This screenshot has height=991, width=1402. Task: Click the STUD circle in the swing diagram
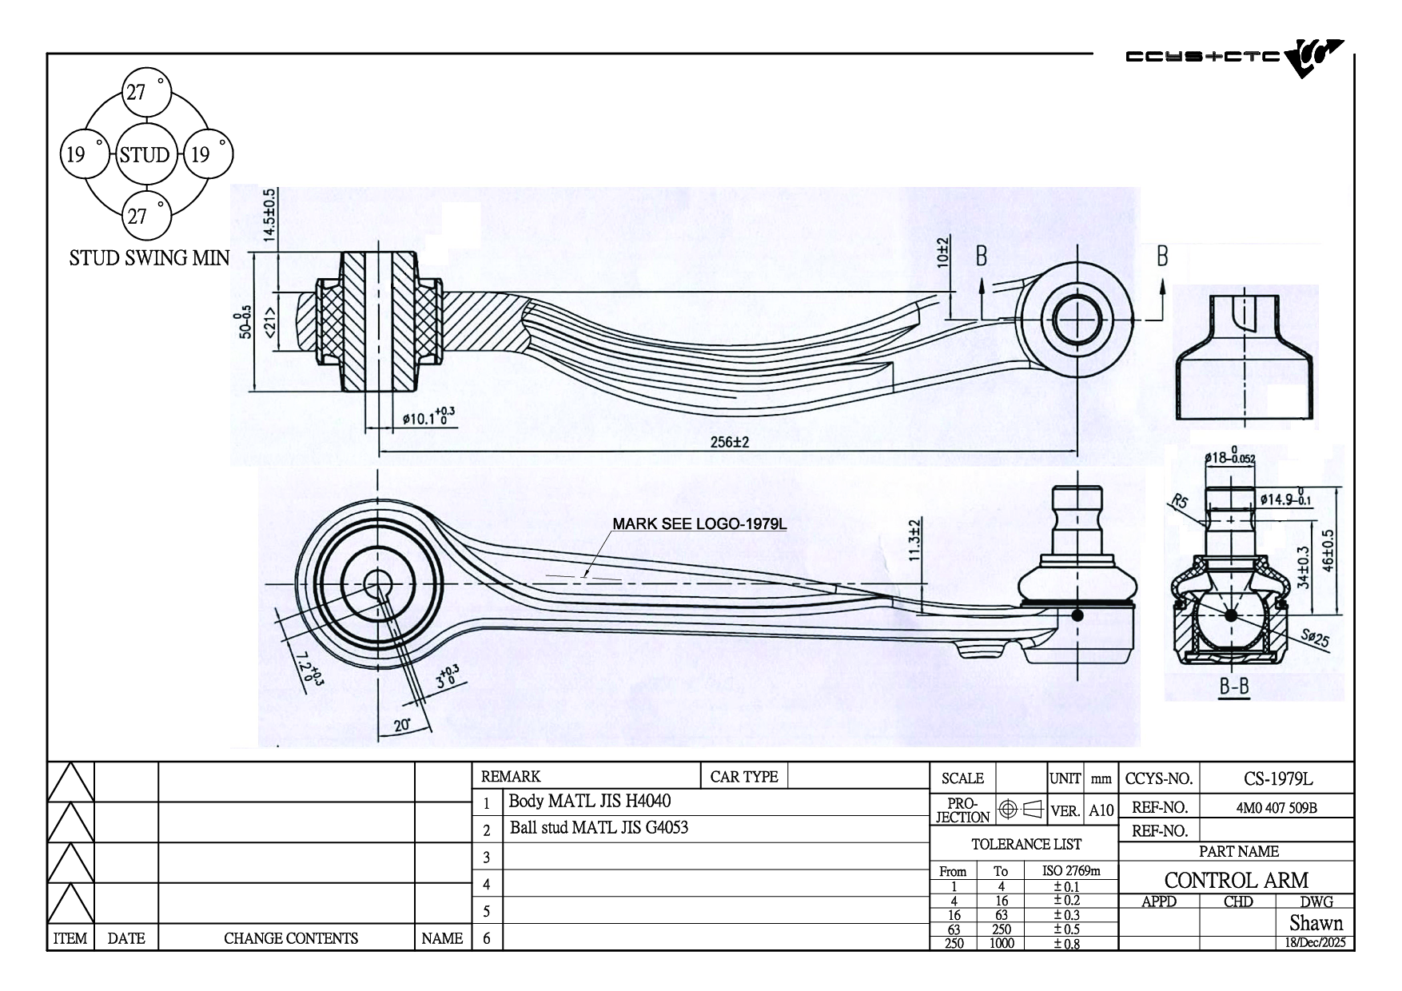click(x=145, y=155)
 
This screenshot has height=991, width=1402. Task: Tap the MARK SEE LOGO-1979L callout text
click(x=699, y=524)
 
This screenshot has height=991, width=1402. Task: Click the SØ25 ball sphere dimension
click(x=1313, y=639)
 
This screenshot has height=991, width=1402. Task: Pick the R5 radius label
click(x=1180, y=502)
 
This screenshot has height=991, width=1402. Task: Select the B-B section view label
click(x=1234, y=687)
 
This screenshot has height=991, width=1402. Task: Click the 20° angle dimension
click(x=402, y=726)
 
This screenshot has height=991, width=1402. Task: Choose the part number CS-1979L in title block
click(x=1277, y=778)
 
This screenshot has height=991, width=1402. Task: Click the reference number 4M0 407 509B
click(x=1277, y=807)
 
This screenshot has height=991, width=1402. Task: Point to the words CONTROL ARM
click(x=1236, y=880)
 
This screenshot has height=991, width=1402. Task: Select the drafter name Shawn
click(x=1316, y=923)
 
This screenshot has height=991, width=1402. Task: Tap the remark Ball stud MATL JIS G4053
click(x=599, y=828)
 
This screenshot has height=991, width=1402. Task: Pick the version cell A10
click(x=1101, y=810)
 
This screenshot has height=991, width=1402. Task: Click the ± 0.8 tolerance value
click(x=1065, y=943)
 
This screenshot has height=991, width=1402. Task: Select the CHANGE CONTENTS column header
click(x=290, y=938)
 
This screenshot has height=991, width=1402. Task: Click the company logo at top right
click(x=1234, y=58)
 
